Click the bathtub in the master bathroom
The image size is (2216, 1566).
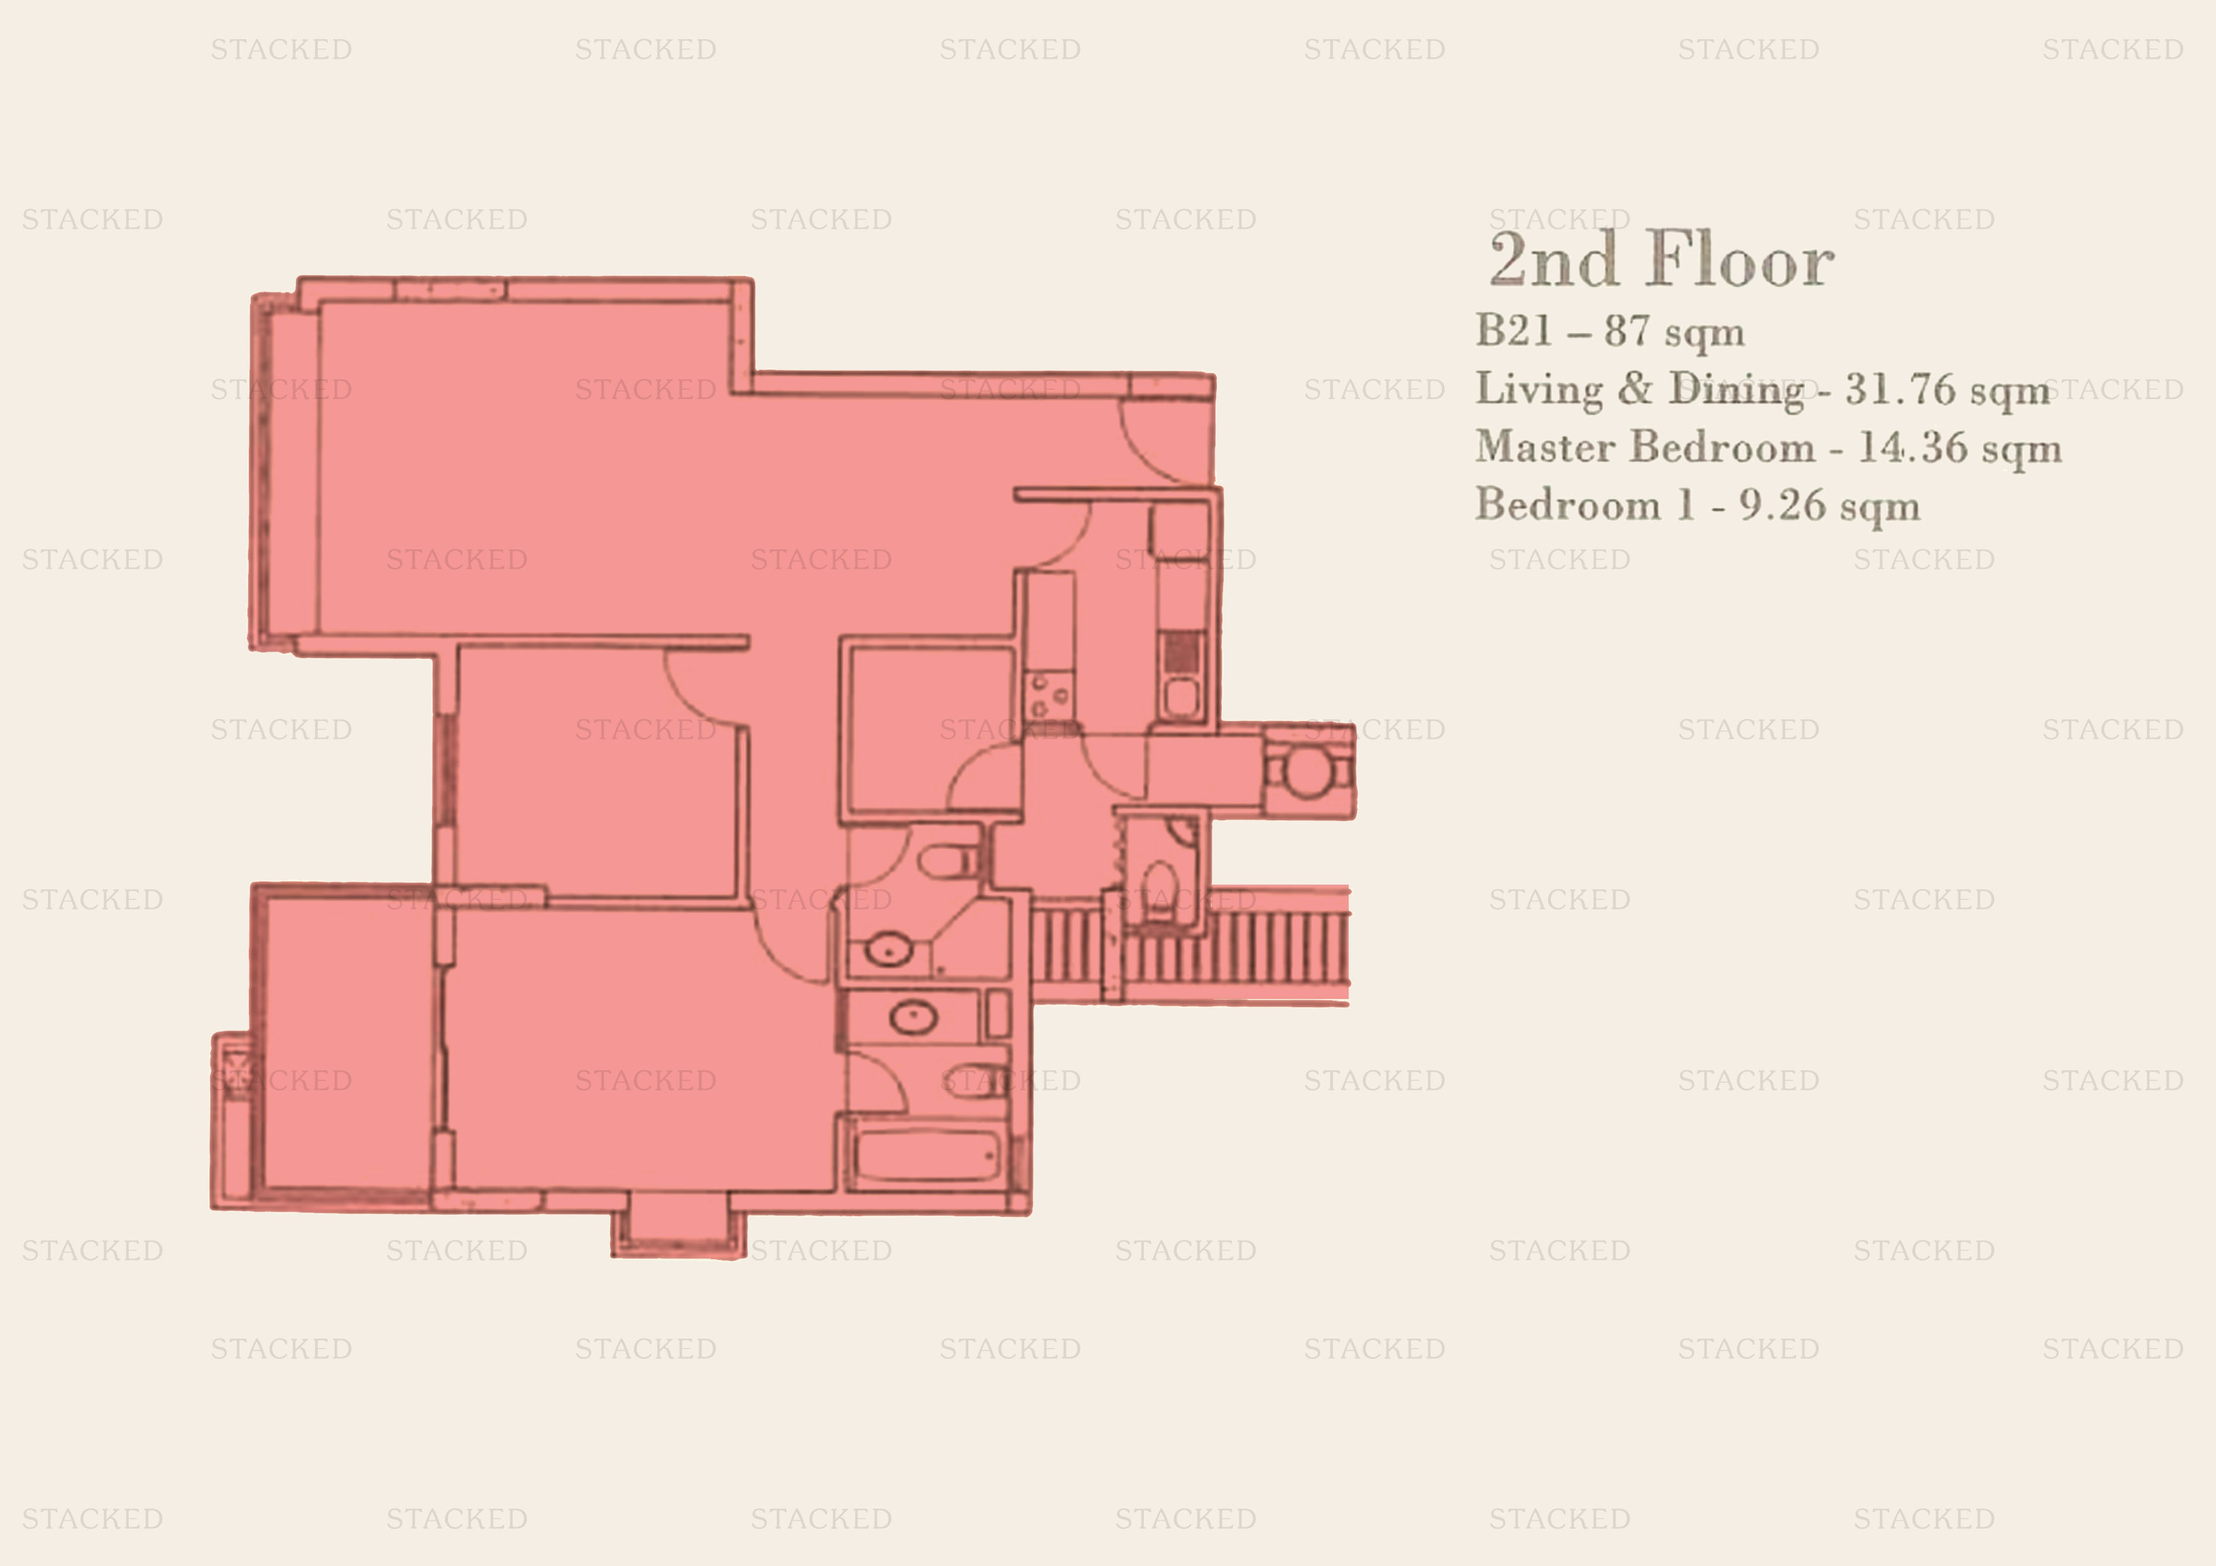coord(927,1154)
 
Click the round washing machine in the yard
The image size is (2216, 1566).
coord(1307,772)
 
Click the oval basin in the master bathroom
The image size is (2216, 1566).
coord(913,1016)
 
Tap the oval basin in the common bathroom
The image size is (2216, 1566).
coord(888,950)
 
